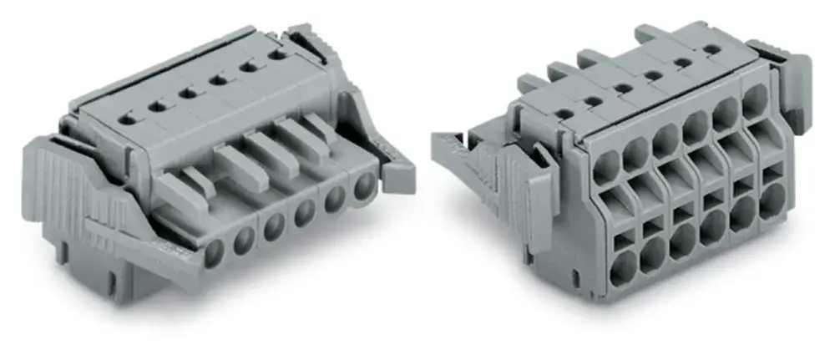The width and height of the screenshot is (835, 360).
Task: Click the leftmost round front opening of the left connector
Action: (215, 250)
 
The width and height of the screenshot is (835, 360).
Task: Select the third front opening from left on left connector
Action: (274, 226)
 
